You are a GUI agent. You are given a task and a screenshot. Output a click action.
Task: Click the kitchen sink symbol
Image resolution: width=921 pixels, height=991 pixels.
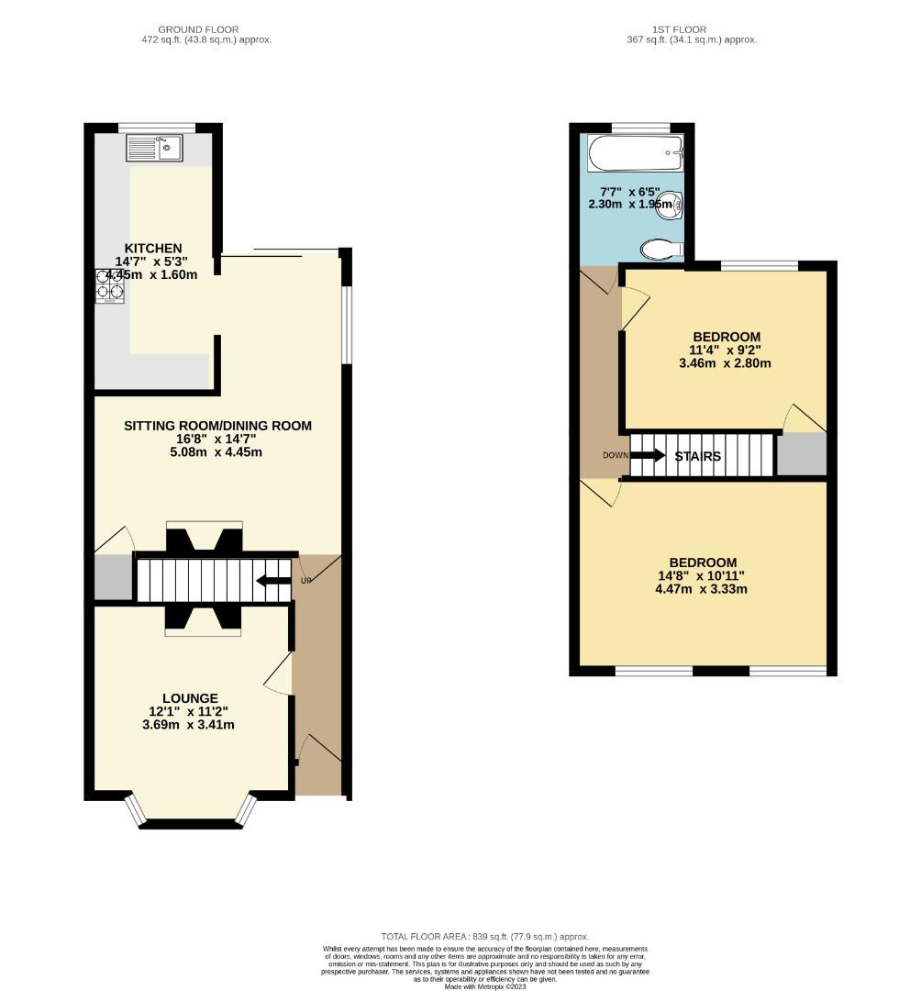(154, 147)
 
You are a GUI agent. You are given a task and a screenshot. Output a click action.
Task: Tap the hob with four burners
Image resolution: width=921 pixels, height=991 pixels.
(109, 285)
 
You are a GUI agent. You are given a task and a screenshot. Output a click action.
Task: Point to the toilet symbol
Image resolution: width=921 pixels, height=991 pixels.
(662, 249)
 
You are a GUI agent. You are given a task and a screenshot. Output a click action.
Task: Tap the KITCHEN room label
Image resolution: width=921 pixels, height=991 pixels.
(153, 248)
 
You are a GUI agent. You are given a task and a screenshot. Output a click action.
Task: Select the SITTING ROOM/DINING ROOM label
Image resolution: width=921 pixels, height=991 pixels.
(217, 426)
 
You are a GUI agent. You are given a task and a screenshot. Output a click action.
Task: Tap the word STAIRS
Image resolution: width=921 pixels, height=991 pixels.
(698, 456)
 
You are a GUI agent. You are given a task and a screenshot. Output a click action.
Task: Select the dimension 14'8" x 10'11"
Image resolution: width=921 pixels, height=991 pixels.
(703, 576)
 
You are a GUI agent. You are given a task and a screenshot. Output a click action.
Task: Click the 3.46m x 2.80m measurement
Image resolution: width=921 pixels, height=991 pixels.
(725, 363)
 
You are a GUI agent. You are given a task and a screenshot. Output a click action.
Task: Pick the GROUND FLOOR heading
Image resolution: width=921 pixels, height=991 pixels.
(215, 29)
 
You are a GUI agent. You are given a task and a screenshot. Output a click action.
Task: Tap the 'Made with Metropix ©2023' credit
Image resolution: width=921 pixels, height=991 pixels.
(486, 986)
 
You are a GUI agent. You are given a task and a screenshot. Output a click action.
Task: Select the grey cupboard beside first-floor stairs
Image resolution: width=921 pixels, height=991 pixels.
(801, 454)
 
